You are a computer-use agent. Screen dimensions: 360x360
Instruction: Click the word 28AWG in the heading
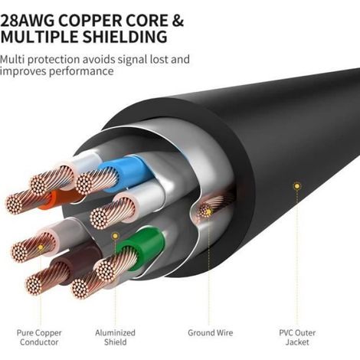pos(28,21)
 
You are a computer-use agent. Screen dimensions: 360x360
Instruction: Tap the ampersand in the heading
pos(178,21)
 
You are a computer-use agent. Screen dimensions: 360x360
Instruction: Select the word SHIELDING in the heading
pos(125,37)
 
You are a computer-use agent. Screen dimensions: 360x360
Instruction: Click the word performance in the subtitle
pos(81,71)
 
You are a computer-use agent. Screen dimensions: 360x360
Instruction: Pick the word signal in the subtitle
pos(132,61)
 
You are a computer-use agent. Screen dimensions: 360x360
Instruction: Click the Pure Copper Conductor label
pos(39,337)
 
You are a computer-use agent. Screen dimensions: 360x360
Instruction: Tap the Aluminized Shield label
pos(115,337)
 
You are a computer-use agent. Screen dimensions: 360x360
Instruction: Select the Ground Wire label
pos(211,332)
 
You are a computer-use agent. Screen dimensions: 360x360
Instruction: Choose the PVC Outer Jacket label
pos(297,337)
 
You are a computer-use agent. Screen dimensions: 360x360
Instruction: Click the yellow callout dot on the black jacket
pos(296,186)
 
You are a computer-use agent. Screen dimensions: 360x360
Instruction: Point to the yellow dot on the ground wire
pos(208,211)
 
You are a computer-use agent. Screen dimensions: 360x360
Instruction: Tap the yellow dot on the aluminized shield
pos(115,236)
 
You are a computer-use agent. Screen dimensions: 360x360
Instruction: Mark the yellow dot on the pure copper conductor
pos(41,247)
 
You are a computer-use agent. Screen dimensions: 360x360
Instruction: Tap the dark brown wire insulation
pos(77,260)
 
